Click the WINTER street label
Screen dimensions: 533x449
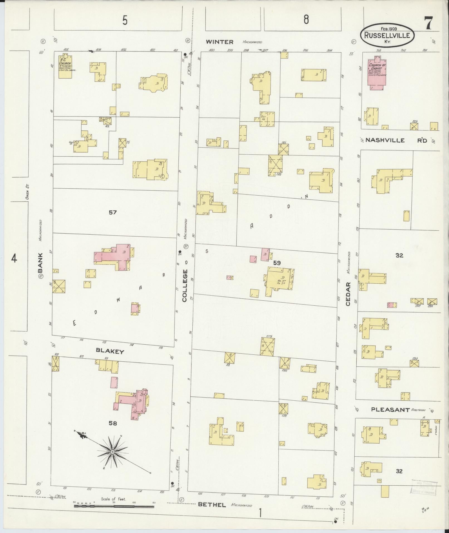220,42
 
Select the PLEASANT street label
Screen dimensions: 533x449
391,410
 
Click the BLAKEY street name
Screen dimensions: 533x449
109,352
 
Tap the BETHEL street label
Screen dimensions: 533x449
212,505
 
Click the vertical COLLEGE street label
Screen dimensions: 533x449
185,286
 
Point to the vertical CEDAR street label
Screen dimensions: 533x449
348,294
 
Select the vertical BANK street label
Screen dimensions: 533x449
41,263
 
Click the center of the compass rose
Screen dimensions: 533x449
112,452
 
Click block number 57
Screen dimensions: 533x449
113,213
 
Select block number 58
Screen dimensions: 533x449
113,424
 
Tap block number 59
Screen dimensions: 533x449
277,263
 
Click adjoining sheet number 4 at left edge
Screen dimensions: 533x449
14,259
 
